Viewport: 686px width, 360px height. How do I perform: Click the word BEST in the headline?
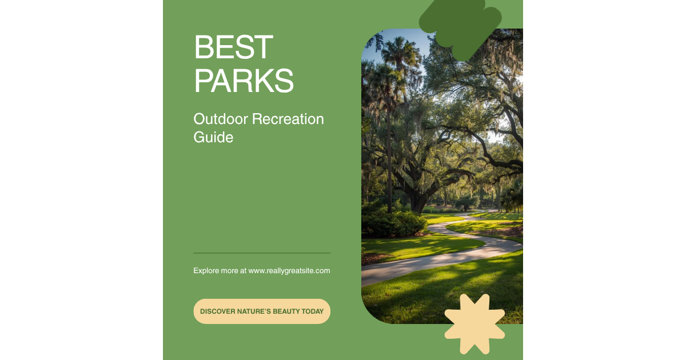233,47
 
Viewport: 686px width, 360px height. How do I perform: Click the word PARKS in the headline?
244,81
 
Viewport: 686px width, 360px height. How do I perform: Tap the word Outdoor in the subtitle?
221,119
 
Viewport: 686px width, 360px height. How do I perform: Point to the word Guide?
213,138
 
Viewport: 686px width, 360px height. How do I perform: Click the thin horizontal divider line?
262,253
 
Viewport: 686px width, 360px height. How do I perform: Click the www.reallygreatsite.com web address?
289,271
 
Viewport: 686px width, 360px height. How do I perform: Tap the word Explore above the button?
208,271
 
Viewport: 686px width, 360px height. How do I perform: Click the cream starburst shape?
474,323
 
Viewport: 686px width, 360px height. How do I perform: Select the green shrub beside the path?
394,223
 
